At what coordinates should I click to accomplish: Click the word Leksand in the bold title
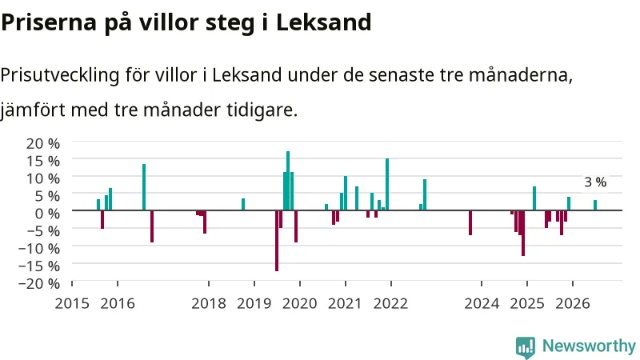click(x=324, y=22)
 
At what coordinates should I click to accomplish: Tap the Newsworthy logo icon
click(x=526, y=347)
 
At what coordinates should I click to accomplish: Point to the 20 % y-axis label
click(x=43, y=144)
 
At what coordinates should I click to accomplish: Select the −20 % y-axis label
click(x=39, y=283)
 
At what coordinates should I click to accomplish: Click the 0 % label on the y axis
click(x=47, y=213)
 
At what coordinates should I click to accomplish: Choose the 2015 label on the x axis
click(x=72, y=304)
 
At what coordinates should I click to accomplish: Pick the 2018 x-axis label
click(x=209, y=304)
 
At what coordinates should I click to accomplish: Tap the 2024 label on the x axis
click(x=482, y=304)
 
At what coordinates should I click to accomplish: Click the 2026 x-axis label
click(x=573, y=304)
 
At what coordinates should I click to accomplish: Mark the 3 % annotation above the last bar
click(x=595, y=182)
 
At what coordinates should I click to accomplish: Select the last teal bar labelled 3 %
click(x=595, y=206)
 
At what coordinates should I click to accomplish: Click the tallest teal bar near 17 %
click(x=288, y=181)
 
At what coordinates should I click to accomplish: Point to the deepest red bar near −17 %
click(x=277, y=241)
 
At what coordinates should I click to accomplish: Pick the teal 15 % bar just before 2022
click(x=387, y=185)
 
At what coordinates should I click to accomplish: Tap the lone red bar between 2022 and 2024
click(x=470, y=223)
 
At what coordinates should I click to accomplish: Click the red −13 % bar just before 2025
click(x=523, y=233)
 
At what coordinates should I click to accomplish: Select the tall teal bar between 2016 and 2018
click(x=144, y=187)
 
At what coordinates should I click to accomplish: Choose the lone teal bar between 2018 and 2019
click(x=243, y=205)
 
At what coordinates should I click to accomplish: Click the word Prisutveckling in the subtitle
click(x=60, y=75)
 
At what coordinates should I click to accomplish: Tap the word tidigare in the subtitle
click(x=262, y=110)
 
